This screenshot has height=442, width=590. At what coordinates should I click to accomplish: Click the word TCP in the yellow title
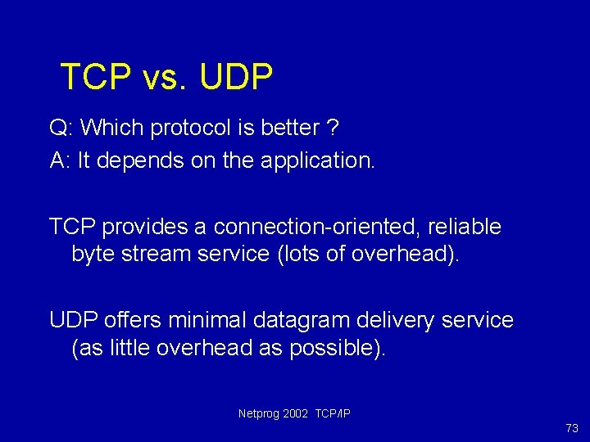[x=95, y=77]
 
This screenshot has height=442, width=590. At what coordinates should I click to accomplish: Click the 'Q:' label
[x=62, y=129]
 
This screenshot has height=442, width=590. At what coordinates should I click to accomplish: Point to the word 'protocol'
[x=190, y=129]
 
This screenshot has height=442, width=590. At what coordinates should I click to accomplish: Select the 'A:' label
[x=61, y=160]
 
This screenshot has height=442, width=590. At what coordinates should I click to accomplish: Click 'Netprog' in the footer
[x=258, y=413]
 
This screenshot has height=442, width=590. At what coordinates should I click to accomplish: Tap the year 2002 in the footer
[x=295, y=413]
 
